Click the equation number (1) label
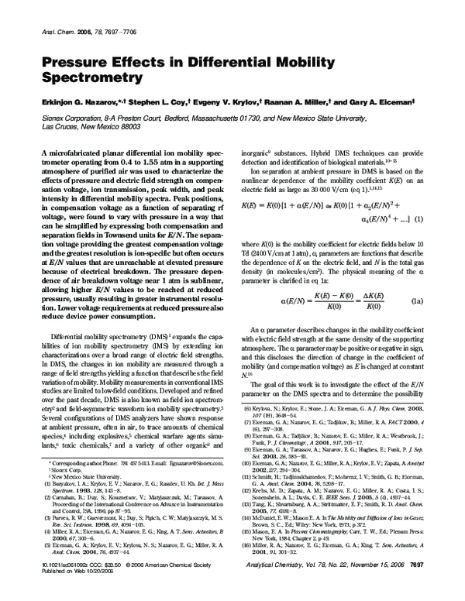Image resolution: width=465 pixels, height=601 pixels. [419, 218]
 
